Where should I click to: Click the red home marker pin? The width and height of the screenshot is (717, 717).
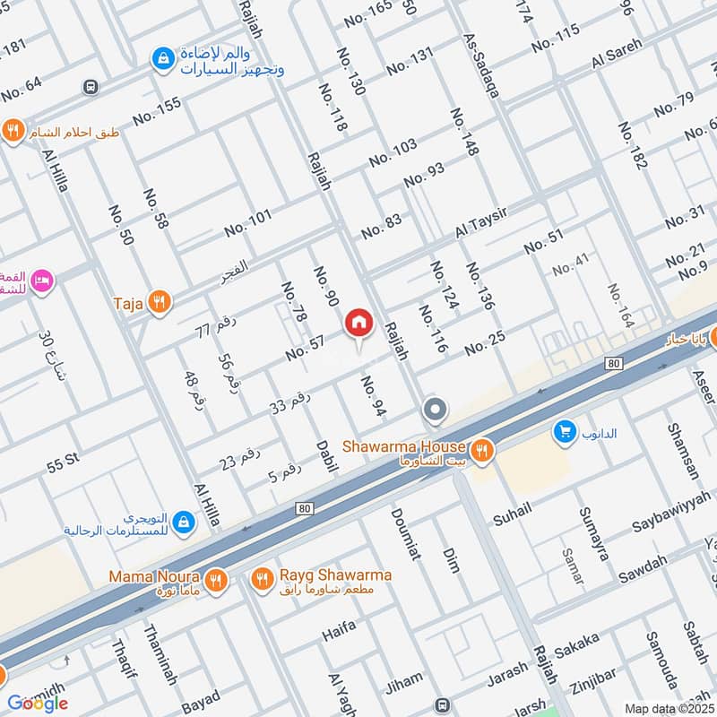358,323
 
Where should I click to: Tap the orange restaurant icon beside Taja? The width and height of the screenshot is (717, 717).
160,303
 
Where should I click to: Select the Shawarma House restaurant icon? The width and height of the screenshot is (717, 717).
483,451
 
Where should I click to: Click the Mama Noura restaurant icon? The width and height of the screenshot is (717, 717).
215,581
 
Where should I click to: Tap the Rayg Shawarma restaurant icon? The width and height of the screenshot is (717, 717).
262,579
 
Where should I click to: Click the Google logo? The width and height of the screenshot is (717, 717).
38,703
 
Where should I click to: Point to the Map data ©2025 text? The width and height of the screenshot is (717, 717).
669,708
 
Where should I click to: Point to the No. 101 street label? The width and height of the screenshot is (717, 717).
247,223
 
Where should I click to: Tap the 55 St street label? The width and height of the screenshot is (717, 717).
64,464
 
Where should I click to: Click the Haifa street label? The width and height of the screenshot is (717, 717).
339,635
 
